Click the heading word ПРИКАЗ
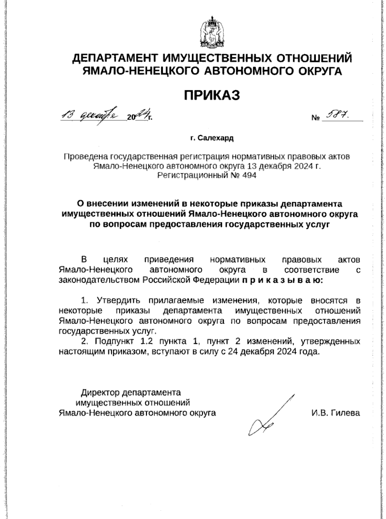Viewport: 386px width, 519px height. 212,95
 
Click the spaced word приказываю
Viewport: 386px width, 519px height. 282,280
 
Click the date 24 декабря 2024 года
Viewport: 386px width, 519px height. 273,351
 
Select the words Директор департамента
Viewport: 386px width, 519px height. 131,392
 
